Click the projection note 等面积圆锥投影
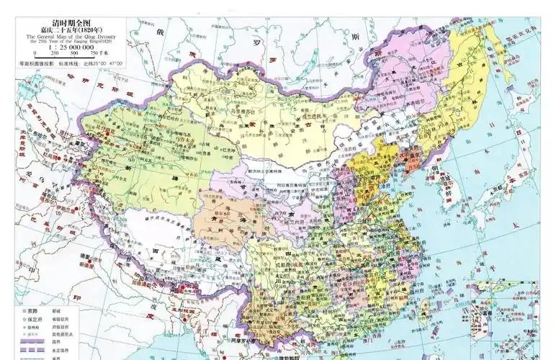[x=37, y=64]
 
